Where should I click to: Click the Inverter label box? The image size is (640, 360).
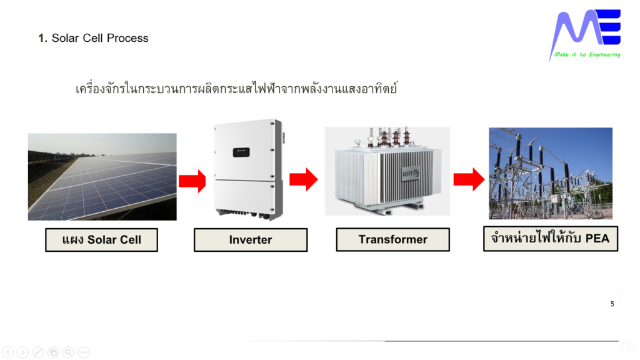250,240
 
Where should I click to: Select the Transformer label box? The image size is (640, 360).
392,239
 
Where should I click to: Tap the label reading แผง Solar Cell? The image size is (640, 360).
101,240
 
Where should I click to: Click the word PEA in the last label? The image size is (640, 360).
597,238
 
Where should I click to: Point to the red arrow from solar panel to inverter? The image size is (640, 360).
192,181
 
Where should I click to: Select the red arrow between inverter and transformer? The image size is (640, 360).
303,179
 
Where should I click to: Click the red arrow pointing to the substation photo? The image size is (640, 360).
469,179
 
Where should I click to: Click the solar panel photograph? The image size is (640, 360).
102,176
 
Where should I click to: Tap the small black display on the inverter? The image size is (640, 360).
241,152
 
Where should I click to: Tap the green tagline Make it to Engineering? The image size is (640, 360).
587,55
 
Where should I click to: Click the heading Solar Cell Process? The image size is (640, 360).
94,38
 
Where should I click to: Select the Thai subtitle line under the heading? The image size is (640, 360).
236,88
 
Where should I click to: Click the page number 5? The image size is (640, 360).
612,304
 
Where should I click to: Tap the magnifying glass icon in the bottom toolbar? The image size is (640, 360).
68,352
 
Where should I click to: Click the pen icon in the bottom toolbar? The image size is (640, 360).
37,352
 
